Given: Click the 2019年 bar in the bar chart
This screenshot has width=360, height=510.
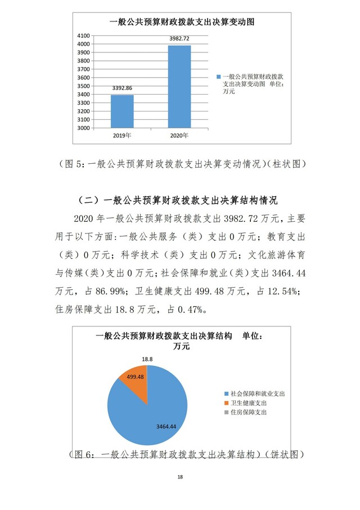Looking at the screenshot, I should click(122, 111).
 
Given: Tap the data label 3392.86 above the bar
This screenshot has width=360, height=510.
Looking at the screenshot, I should click(122, 88).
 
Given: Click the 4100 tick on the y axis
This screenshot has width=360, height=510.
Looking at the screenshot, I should click(84, 35).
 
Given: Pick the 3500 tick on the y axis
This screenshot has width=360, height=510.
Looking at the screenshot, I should click(84, 86).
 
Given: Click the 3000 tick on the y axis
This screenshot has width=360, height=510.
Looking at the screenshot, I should click(84, 128).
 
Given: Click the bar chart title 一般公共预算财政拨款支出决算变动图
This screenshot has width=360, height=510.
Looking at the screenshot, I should click(182, 22).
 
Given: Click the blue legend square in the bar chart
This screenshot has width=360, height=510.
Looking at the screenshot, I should click(218, 75).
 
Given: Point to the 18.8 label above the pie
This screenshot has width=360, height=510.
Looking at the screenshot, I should click(147, 358).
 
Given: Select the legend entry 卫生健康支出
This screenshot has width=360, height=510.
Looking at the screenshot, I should click(248, 403).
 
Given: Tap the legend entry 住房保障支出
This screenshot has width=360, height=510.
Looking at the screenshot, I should click(248, 413).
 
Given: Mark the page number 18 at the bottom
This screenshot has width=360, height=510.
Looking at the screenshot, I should click(180, 477).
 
